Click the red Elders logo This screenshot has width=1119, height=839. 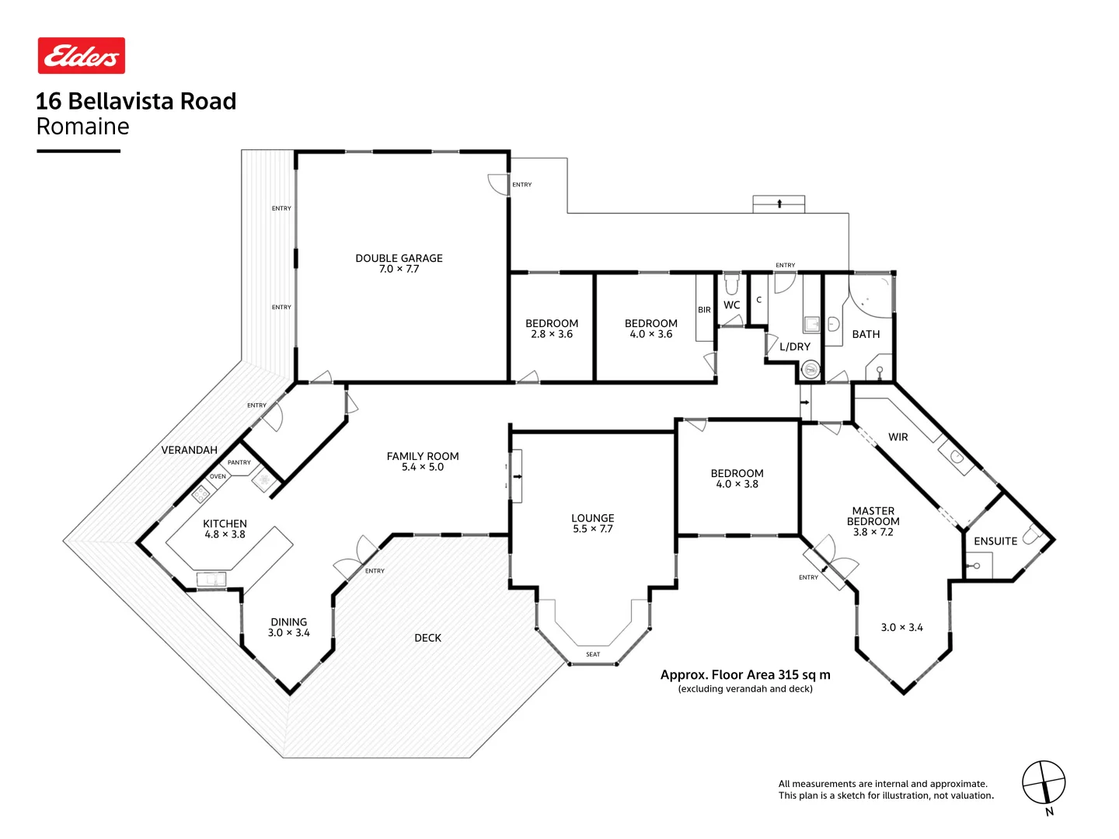pyautogui.click(x=82, y=56)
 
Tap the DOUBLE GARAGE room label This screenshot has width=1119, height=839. pyautogui.click(x=399, y=258)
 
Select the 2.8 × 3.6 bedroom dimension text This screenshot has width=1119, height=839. pyautogui.click(x=552, y=334)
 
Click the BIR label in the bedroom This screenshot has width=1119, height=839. pyautogui.click(x=704, y=310)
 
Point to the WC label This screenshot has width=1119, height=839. pyautogui.click(x=731, y=305)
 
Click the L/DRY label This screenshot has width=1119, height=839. pyautogui.click(x=794, y=347)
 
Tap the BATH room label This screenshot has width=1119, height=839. pyautogui.click(x=866, y=334)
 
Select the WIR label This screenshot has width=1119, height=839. pyautogui.click(x=898, y=437)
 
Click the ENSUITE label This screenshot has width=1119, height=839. pyautogui.click(x=995, y=541)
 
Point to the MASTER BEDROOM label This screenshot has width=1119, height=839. pyautogui.click(x=873, y=517)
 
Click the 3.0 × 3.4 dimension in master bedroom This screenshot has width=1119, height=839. pyautogui.click(x=901, y=628)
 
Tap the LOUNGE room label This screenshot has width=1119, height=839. pyautogui.click(x=592, y=518)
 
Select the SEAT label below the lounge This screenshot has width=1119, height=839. pyautogui.click(x=593, y=655)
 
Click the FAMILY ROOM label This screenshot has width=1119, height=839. pyautogui.click(x=423, y=456)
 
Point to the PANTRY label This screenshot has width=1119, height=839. pyautogui.click(x=239, y=463)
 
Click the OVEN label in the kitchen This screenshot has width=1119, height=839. pyautogui.click(x=218, y=477)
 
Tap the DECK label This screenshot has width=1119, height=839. pyautogui.click(x=427, y=638)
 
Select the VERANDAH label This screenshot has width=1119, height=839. pyautogui.click(x=189, y=450)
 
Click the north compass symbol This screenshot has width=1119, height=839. pyautogui.click(x=1043, y=782)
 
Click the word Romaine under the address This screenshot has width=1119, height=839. pyautogui.click(x=82, y=127)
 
